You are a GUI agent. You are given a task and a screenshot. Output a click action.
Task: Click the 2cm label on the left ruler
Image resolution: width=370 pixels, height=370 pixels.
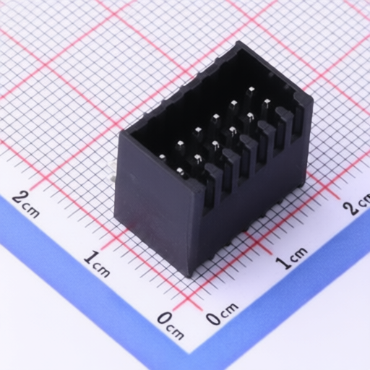point(26,204)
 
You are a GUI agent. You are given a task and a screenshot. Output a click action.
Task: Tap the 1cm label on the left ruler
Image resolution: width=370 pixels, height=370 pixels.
point(97,264)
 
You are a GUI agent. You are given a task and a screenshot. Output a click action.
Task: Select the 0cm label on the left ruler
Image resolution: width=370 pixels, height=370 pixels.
point(171,324)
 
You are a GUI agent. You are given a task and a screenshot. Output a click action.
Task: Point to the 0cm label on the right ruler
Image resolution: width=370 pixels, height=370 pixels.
point(223,314)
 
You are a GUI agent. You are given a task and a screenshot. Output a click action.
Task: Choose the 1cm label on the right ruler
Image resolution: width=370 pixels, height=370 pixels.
point(292,257)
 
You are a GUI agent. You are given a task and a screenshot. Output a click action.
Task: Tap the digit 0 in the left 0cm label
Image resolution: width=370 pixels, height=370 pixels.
point(164,319)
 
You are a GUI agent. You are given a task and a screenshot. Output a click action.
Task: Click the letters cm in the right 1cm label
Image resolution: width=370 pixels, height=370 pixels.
point(299,254)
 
